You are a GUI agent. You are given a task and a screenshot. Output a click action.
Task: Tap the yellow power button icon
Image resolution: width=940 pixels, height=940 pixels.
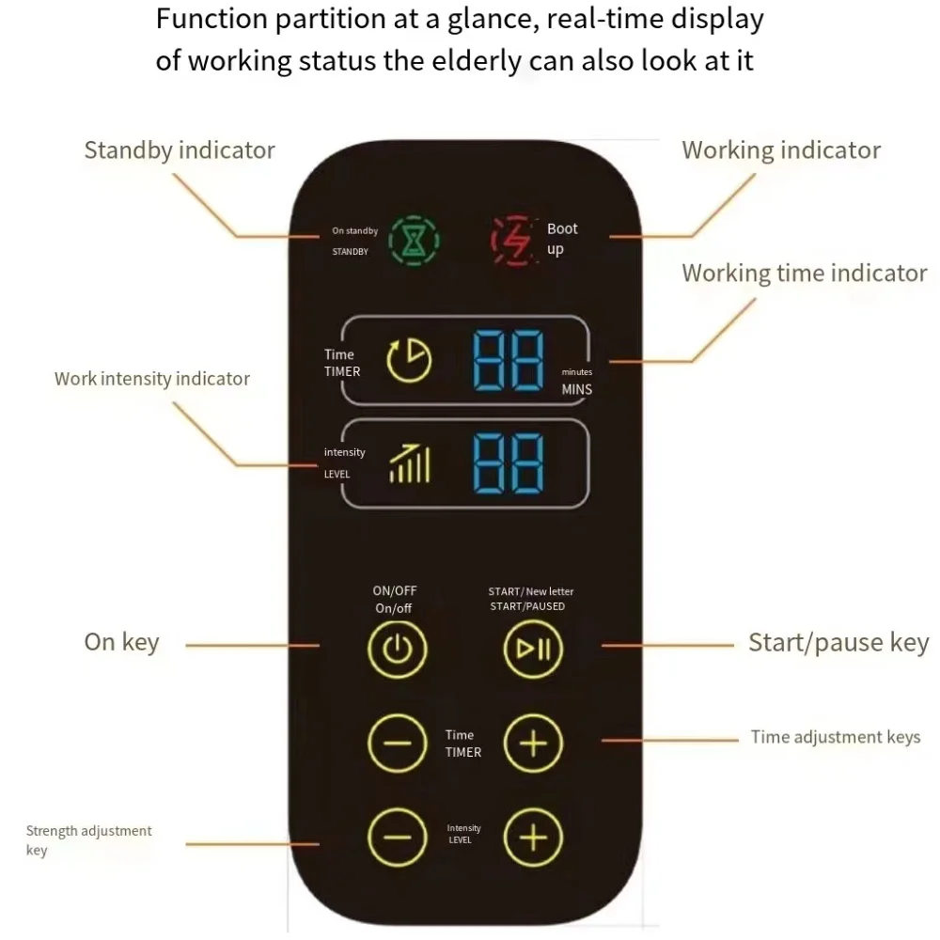click(x=397, y=649)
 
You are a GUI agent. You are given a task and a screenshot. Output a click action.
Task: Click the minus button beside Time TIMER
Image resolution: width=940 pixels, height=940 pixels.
click(x=397, y=744)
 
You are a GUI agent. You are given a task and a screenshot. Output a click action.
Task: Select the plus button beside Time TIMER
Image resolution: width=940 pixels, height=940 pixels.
click(x=533, y=744)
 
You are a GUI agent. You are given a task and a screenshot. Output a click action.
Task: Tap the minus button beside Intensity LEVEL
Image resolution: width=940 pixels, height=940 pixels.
click(x=397, y=837)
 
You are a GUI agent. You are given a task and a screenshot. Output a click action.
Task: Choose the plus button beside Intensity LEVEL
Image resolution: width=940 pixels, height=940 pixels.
click(x=533, y=837)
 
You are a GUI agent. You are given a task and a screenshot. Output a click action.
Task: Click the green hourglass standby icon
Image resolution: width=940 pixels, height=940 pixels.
click(x=415, y=241)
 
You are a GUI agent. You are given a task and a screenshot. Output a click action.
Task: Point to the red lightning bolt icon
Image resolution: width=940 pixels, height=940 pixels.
click(x=514, y=241)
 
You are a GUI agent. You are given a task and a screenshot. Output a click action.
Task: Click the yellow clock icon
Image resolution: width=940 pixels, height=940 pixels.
click(x=409, y=360)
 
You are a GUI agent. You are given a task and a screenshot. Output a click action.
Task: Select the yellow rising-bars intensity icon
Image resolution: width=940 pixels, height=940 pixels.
click(x=410, y=462)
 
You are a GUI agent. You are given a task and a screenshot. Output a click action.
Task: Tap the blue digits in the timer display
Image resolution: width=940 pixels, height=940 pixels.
click(x=508, y=360)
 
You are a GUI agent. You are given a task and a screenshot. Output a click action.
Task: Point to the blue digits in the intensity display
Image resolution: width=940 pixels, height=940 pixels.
click(x=508, y=462)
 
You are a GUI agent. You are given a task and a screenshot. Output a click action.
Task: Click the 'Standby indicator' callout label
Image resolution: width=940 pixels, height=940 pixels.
click(x=180, y=150)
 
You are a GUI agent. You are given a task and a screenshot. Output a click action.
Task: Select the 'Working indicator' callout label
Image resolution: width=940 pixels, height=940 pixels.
click(x=781, y=150)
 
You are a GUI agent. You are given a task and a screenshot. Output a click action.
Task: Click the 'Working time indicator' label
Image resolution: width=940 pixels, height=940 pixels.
click(x=804, y=274)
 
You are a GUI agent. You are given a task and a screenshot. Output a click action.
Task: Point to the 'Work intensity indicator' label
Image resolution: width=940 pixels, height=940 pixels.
click(x=152, y=379)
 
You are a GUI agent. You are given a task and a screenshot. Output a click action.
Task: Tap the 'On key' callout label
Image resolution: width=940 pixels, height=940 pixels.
click(x=122, y=642)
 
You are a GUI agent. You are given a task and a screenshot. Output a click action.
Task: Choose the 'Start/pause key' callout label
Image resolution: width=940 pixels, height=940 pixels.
click(x=838, y=643)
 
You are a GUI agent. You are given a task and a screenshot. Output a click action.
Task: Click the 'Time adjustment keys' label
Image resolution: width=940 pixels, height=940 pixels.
click(x=835, y=737)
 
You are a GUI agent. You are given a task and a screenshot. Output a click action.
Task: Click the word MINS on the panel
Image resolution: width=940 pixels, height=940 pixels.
click(x=577, y=389)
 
